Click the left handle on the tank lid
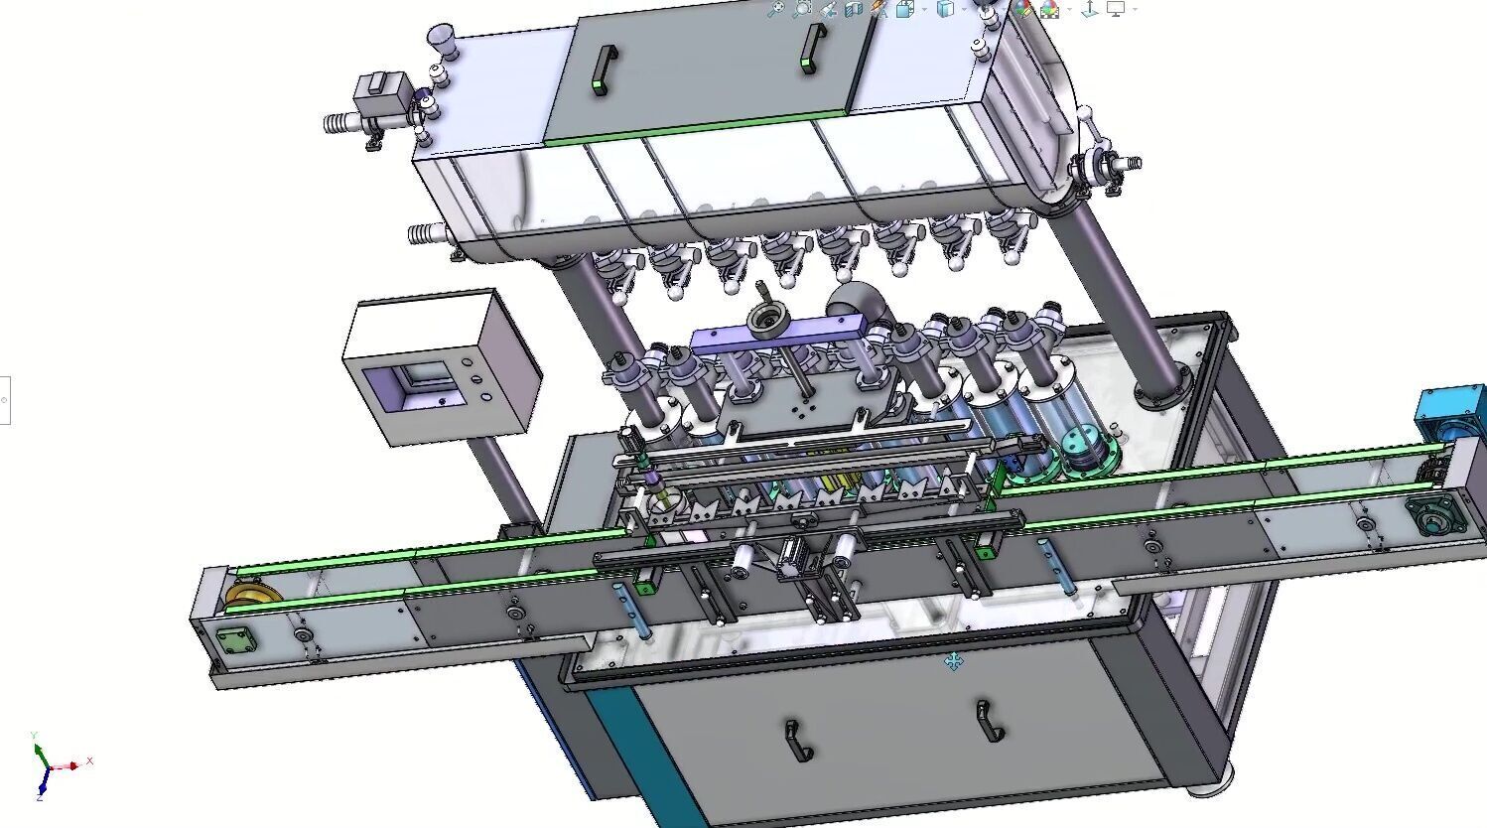click(602, 70)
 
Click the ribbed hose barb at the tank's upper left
click(342, 123)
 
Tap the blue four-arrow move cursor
click(953, 661)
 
